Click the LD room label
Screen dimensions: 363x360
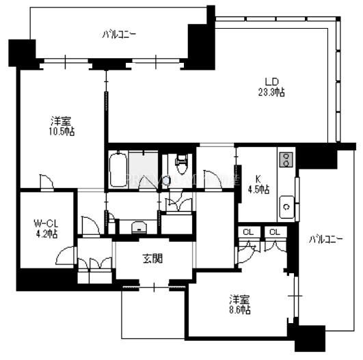[x=271, y=81]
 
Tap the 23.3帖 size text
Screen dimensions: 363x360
[x=271, y=92]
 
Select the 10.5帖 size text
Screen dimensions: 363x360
[x=62, y=132]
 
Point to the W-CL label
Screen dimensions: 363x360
[x=46, y=223]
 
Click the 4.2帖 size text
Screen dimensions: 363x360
[x=46, y=234]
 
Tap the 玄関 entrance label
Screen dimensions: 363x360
[x=153, y=258]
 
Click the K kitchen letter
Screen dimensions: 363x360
[x=258, y=179]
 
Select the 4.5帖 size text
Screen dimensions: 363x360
[x=259, y=190]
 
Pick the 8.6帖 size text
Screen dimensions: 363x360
[x=240, y=310]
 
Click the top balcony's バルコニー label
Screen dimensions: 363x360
[x=119, y=35]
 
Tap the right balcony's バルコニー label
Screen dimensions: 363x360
[x=325, y=240]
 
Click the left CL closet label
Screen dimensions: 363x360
[x=249, y=232]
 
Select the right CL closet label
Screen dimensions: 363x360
[x=275, y=232]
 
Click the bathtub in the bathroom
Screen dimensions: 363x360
[x=118, y=169]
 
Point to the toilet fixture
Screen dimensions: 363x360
[x=183, y=164]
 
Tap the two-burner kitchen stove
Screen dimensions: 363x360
[x=286, y=160]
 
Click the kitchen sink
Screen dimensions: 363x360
[x=286, y=207]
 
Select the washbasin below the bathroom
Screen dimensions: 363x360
[x=139, y=227]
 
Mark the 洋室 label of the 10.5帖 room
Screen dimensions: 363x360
[x=62, y=121]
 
